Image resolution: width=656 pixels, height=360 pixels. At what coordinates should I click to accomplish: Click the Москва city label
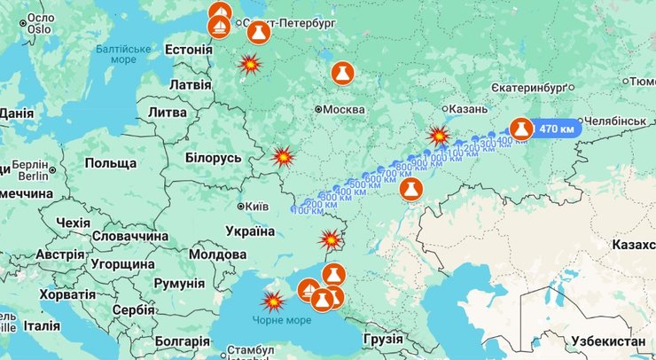[344, 109]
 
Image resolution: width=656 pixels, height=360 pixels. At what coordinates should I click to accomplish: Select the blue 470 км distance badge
[556, 129]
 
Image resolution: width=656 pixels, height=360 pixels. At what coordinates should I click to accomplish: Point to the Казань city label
[469, 109]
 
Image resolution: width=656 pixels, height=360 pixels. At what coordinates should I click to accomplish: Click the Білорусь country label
[213, 157]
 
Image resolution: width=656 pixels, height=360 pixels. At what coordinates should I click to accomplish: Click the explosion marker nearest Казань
[439, 136]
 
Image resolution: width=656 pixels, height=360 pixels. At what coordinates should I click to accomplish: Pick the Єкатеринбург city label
[542, 89]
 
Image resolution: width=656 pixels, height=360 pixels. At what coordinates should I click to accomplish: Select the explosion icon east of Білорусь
[283, 157]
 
